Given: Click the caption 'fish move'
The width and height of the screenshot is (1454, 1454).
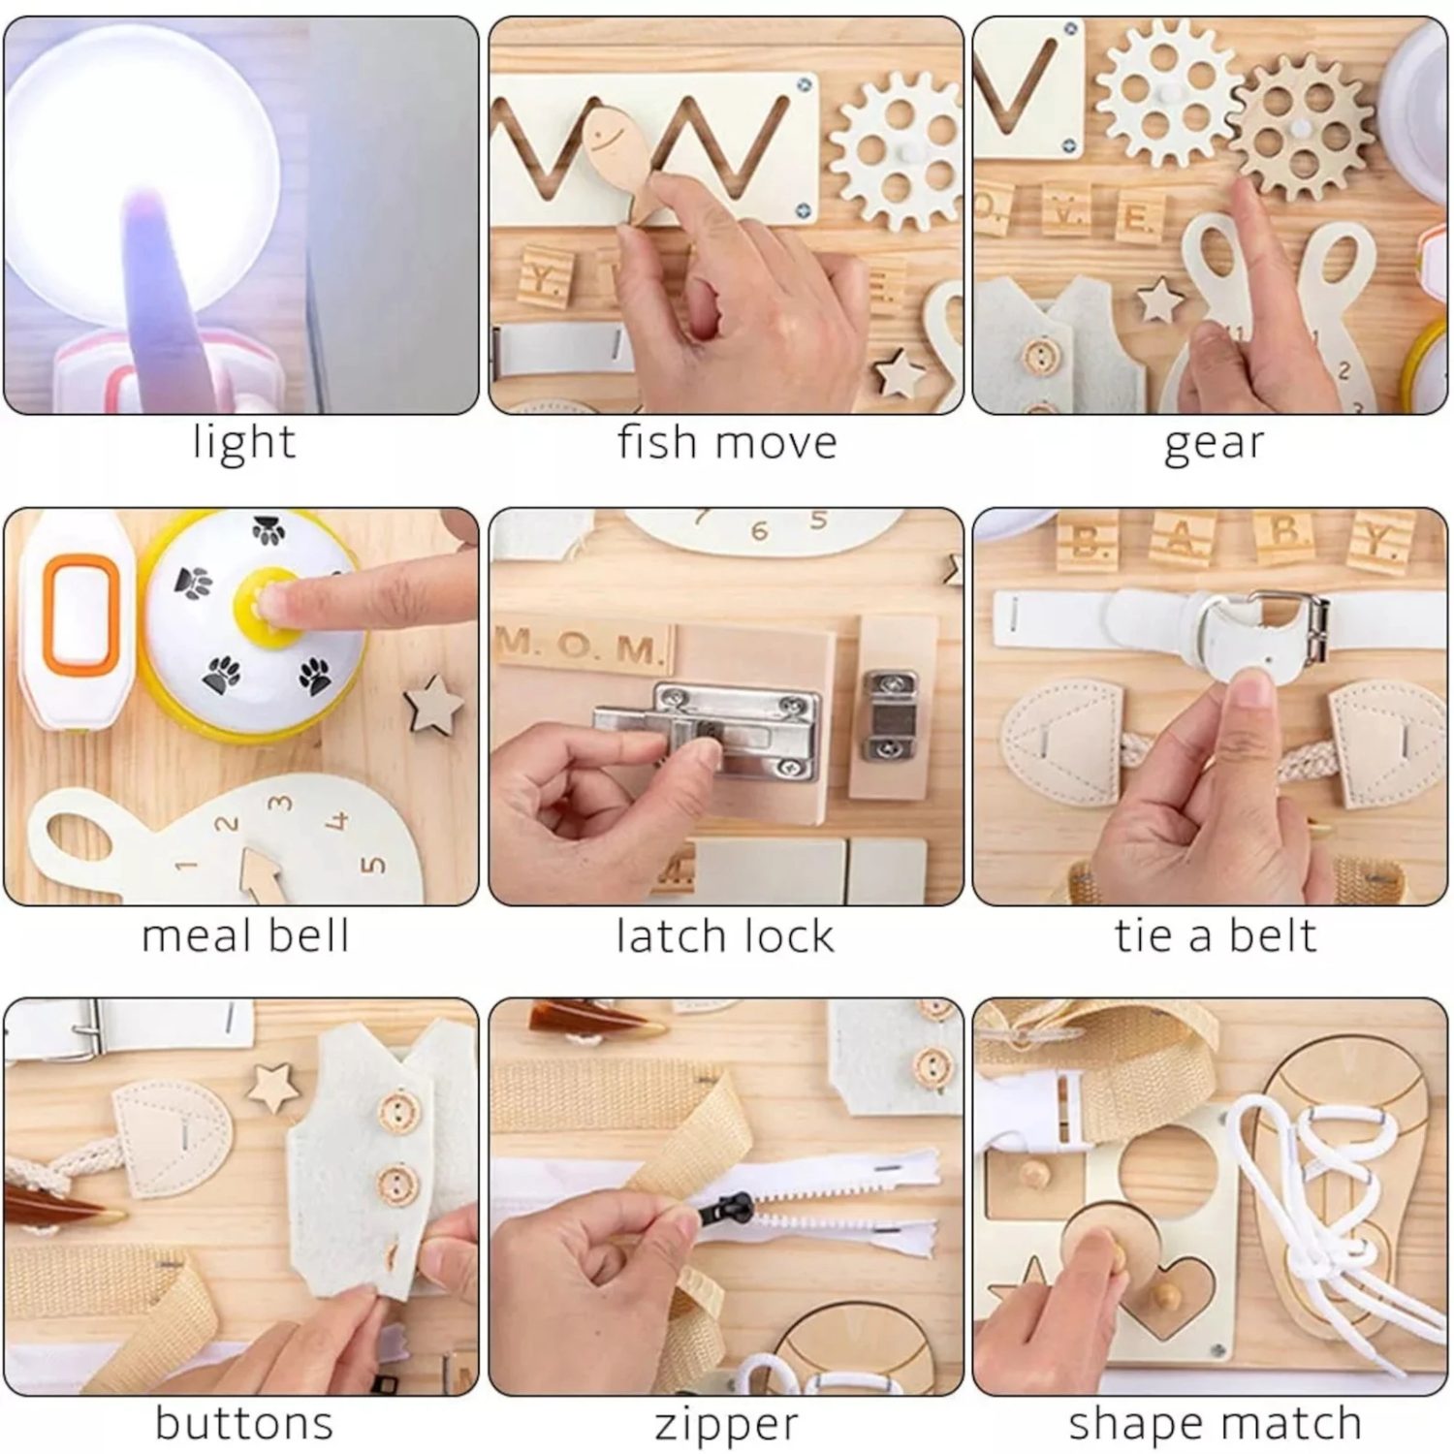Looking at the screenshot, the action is (x=727, y=443).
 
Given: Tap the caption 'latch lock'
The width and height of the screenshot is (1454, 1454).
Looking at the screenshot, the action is (x=725, y=936).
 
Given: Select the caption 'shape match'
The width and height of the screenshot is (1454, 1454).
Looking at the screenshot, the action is (x=1215, y=1425).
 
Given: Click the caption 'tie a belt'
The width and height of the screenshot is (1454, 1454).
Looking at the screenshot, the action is (x=1216, y=936).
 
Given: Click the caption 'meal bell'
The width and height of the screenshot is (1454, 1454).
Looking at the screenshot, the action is (x=245, y=936).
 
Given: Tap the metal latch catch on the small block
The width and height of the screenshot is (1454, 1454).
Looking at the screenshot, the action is (x=890, y=712).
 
